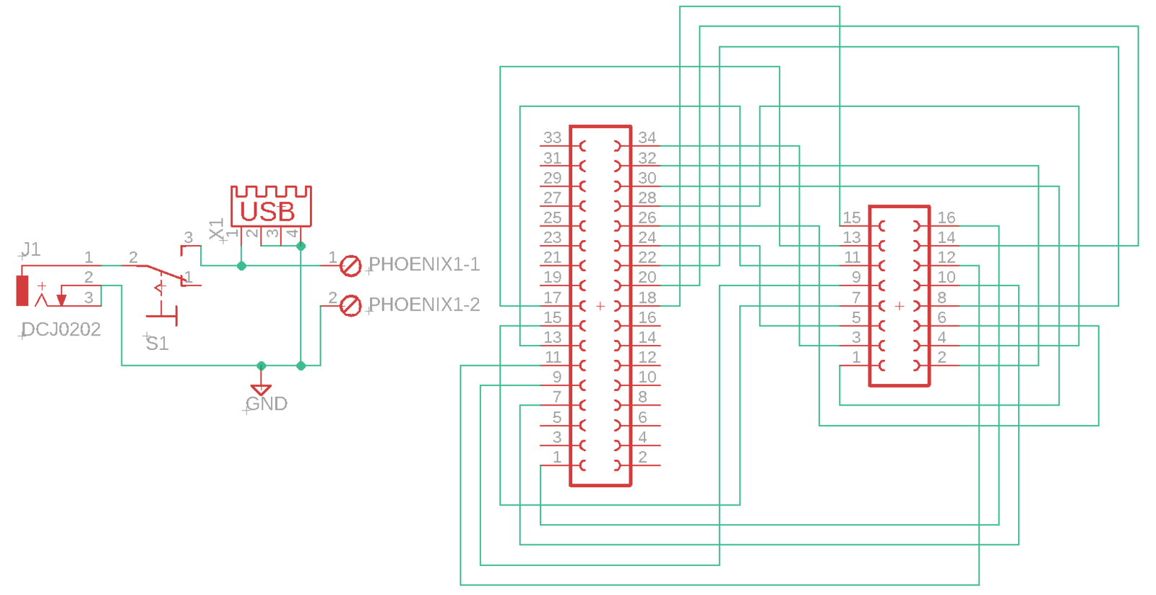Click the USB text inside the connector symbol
point(267,212)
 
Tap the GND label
point(267,403)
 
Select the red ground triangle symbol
point(261,390)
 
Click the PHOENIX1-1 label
point(424,265)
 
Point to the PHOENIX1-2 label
point(424,304)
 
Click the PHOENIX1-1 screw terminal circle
point(350,266)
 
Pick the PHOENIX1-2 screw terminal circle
point(350,305)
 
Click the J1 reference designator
point(31,249)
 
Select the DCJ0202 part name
point(61,330)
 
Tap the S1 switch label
point(157,343)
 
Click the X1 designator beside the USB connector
point(216,228)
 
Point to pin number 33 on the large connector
point(552,137)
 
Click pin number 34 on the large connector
point(647,137)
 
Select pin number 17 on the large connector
point(552,298)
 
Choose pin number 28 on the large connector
point(647,197)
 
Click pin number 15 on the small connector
point(852,218)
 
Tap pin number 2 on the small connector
point(942,357)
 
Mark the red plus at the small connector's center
point(900,307)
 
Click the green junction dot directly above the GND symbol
point(261,366)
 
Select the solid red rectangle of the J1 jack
point(22,291)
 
